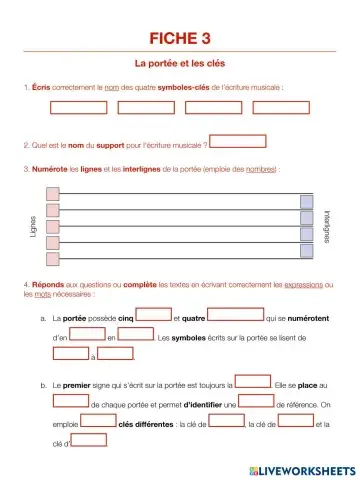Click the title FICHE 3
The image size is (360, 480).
click(180, 39)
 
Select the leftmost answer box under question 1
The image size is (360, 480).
click(77, 108)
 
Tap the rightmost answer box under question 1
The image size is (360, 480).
click(280, 108)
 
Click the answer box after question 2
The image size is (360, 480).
click(238, 141)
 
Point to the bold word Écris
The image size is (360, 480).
click(41, 88)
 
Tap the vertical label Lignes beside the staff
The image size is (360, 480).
click(33, 228)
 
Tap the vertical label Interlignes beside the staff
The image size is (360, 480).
click(327, 228)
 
